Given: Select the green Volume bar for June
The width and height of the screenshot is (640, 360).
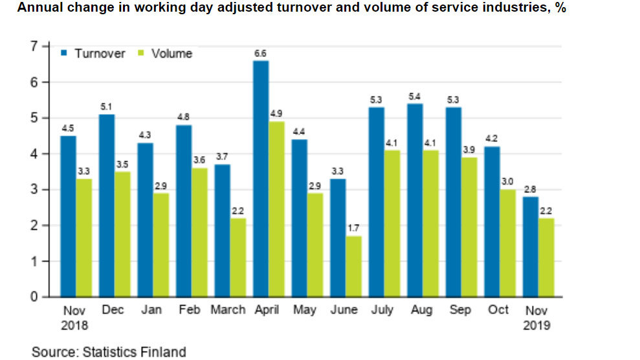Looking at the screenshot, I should click(x=353, y=266).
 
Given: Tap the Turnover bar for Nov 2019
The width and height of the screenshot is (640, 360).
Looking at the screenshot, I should click(x=531, y=247).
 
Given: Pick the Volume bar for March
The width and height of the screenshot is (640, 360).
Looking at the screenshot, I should click(x=238, y=257).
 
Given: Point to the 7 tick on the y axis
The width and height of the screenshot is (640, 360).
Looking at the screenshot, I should click(x=33, y=46).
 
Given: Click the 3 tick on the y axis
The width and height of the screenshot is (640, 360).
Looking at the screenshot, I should click(x=33, y=190).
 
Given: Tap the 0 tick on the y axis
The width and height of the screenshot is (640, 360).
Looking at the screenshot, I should click(x=33, y=297).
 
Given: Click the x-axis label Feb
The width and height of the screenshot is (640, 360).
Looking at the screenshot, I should click(x=190, y=310).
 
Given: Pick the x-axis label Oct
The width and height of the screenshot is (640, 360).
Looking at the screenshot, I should click(x=499, y=310).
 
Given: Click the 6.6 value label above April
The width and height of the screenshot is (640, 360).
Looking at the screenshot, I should click(x=261, y=54).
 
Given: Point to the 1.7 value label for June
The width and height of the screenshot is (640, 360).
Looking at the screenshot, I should click(x=353, y=229).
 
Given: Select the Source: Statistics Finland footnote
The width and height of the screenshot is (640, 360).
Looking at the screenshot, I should click(x=109, y=352).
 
